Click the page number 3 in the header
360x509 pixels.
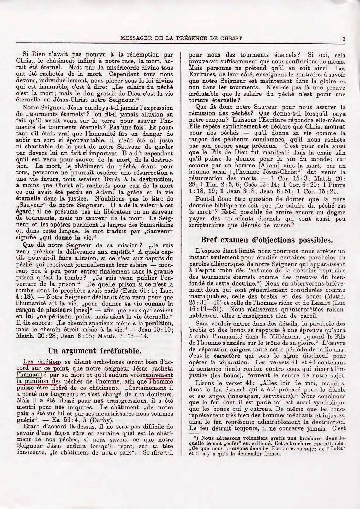coord(343,39)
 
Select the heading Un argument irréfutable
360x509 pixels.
coord(94,351)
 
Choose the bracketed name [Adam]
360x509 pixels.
coord(272,166)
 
